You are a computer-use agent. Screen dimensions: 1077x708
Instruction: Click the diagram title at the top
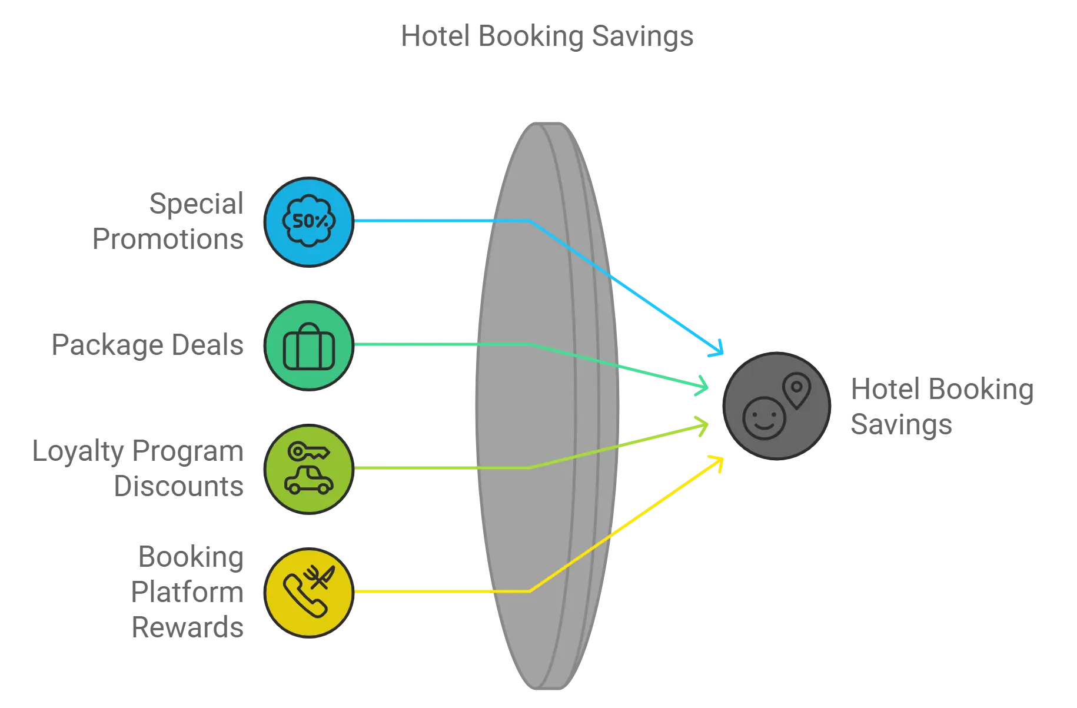(x=547, y=36)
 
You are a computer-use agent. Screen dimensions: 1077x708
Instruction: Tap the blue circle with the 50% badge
(x=309, y=222)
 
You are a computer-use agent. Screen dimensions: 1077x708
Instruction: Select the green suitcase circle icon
(x=309, y=345)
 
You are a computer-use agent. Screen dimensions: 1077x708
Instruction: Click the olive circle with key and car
(x=309, y=469)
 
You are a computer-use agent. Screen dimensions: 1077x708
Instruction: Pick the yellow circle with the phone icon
(x=309, y=593)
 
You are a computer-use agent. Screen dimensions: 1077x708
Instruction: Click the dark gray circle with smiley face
(x=777, y=406)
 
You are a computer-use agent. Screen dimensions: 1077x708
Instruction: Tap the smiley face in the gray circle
(x=764, y=418)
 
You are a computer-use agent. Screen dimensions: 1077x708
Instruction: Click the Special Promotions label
(x=168, y=221)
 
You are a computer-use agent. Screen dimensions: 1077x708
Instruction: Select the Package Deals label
(x=147, y=345)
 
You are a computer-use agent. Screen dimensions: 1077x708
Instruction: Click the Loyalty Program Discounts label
(x=138, y=468)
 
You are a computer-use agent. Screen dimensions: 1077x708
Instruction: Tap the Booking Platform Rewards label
(x=187, y=592)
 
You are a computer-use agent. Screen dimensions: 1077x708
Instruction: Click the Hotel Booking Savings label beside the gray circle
(x=942, y=407)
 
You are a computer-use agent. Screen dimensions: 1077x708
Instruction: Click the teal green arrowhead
(x=702, y=385)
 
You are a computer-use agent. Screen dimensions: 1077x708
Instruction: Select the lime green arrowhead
(x=702, y=426)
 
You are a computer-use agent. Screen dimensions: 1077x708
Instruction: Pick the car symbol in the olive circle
(x=309, y=480)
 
